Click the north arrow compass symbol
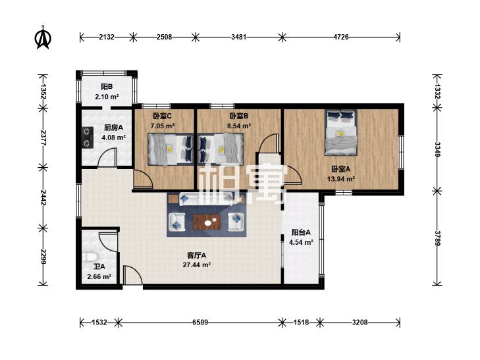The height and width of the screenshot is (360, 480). click(x=43, y=38)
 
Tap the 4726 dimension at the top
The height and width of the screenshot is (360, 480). click(x=340, y=37)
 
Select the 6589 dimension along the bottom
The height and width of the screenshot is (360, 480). click(x=200, y=322)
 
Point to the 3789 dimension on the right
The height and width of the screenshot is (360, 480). click(x=437, y=238)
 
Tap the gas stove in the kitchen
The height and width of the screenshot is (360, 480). click(x=88, y=137)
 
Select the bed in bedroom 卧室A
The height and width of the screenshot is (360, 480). click(x=341, y=132)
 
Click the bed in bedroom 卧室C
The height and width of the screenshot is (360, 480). click(x=171, y=149)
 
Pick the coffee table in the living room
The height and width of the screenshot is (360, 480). click(x=207, y=222)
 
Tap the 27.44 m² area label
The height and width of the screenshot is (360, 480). click(x=196, y=265)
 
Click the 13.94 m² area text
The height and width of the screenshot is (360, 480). click(x=341, y=178)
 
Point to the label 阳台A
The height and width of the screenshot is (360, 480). click(x=301, y=232)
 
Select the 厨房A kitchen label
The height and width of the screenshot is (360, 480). click(x=113, y=128)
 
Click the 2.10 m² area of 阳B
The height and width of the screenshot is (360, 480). click(x=107, y=97)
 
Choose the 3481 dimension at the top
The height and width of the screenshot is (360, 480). click(x=239, y=37)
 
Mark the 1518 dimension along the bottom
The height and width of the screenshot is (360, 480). click(x=301, y=322)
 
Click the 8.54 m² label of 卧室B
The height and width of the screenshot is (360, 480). click(x=239, y=126)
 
